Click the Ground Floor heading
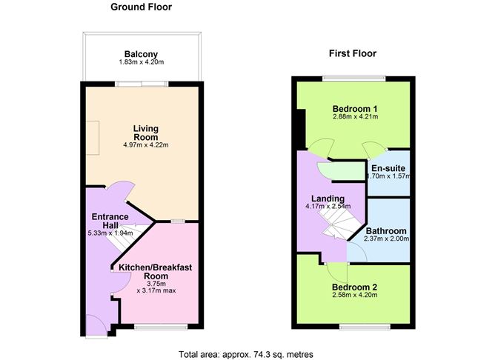click(x=141, y=7)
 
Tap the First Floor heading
click(x=353, y=53)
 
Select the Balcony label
click(x=141, y=54)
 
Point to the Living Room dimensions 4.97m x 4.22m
click(x=145, y=145)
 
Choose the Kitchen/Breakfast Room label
click(x=156, y=272)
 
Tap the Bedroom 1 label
click(x=355, y=109)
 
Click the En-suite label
click(x=388, y=168)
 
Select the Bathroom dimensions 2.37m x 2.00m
click(x=386, y=239)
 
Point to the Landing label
click(x=328, y=199)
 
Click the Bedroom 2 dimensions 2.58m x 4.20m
click(x=354, y=295)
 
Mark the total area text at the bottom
click(x=246, y=354)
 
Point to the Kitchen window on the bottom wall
click(x=161, y=327)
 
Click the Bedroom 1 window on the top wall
click(x=354, y=78)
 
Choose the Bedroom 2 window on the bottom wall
click(x=365, y=327)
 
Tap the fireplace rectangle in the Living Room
click(x=93, y=138)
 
